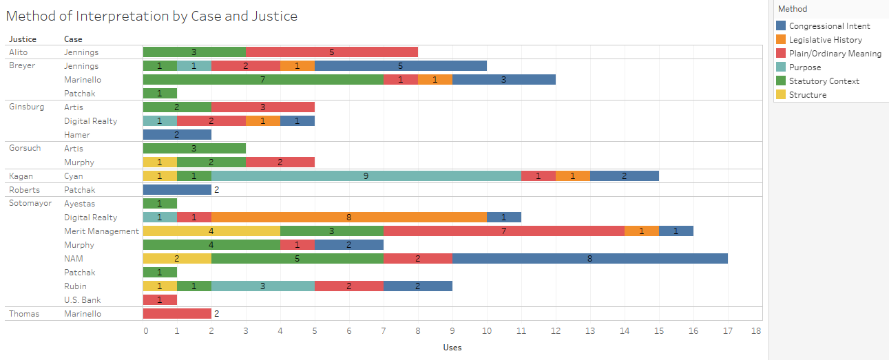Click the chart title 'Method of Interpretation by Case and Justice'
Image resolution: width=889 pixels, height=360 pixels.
(151, 17)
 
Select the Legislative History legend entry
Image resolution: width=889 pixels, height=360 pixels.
(825, 40)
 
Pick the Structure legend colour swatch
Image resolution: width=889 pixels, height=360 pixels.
(781, 95)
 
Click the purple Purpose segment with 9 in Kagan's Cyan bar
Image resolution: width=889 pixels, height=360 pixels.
(366, 176)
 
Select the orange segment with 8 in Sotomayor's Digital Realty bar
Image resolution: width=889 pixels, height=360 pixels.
(349, 218)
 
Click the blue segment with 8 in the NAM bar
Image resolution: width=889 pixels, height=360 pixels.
(590, 259)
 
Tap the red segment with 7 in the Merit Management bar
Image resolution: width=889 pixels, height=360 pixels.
(504, 231)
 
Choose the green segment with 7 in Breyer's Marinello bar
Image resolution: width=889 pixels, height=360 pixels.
(263, 80)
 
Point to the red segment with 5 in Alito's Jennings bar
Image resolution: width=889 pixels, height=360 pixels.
(332, 52)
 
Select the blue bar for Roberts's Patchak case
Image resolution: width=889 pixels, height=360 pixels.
(177, 190)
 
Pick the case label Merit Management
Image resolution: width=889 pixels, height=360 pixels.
(101, 231)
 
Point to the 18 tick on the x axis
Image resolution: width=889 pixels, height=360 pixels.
(756, 331)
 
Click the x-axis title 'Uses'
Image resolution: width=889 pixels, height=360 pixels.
(452, 348)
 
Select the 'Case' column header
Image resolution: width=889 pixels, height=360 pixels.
(73, 39)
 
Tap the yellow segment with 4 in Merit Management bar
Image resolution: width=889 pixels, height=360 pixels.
(211, 231)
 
